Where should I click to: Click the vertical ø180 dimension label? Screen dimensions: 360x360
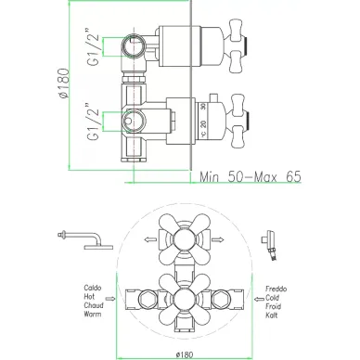pyautogui.click(x=64, y=84)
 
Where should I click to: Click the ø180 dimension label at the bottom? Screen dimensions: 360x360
pyautogui.click(x=185, y=354)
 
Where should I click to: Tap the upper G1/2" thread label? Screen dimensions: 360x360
pyautogui.click(x=94, y=46)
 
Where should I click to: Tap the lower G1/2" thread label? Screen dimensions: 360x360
pyautogui.click(x=94, y=122)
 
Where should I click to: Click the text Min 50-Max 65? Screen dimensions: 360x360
pyautogui.click(x=251, y=177)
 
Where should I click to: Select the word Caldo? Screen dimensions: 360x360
pyautogui.click(x=93, y=288)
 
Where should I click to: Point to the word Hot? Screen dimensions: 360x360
pyautogui.click(x=89, y=296)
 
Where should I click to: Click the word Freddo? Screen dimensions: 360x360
pyautogui.click(x=276, y=289)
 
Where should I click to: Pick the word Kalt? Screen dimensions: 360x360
pyautogui.click(x=272, y=315)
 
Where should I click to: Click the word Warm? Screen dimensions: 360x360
pyautogui.click(x=93, y=314)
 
